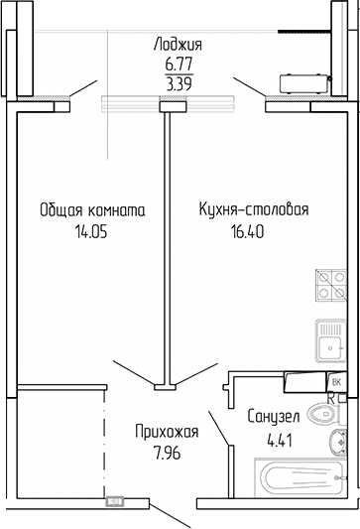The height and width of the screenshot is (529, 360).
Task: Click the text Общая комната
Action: (x=93, y=210)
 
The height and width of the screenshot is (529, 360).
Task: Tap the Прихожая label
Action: (x=168, y=431)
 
